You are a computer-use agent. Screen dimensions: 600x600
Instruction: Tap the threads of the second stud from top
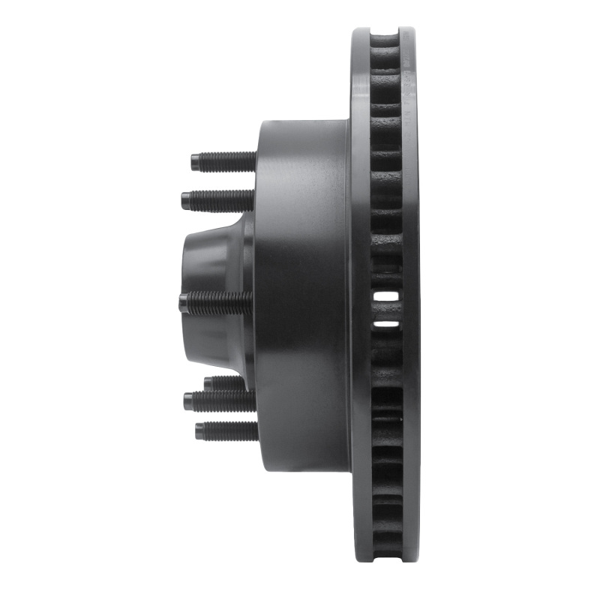pyautogui.click(x=221, y=200)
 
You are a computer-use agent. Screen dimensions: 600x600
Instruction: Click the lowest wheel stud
pyautogui.click(x=225, y=431)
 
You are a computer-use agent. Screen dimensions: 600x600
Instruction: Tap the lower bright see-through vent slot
pyautogui.click(x=386, y=324)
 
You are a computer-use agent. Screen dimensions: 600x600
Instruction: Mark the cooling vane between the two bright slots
pyautogui.click(x=386, y=310)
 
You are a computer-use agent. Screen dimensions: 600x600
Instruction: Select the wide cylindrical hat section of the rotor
pyautogui.click(x=300, y=300)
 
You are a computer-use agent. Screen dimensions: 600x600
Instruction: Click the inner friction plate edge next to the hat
pyautogui.click(x=360, y=300)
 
